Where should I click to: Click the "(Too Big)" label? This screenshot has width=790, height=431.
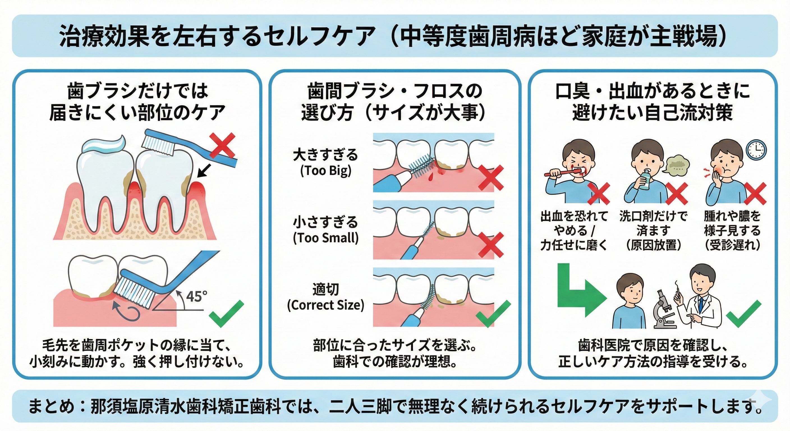325,171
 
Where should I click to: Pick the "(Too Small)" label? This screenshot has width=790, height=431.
326,238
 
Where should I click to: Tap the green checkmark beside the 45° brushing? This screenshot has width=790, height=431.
226,313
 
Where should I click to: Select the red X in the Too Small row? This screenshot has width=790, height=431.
491,244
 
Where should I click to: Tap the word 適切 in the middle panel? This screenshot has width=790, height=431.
326,289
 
